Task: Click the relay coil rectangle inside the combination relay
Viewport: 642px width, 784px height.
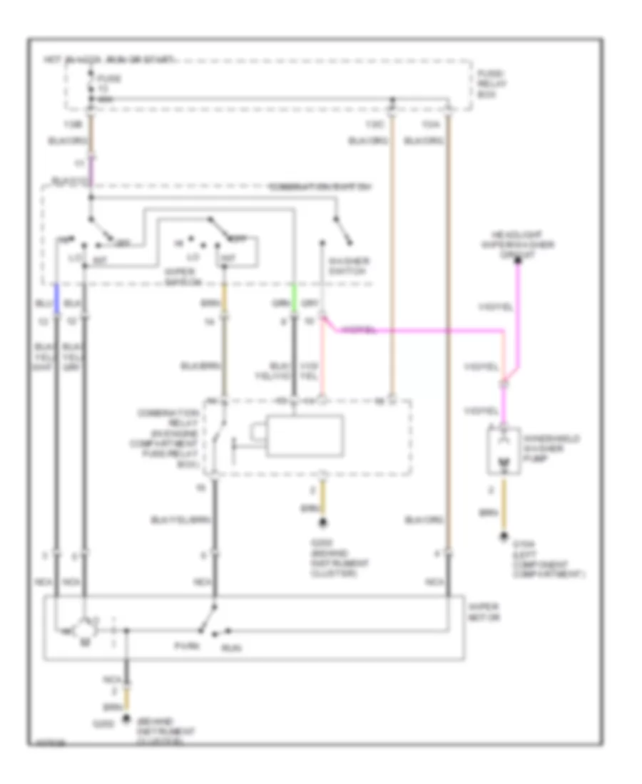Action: click(305, 435)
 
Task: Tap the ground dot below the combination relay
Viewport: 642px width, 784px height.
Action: click(323, 524)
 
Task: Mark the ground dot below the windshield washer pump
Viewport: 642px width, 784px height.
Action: click(504, 536)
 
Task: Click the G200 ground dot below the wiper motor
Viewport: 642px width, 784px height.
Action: click(126, 718)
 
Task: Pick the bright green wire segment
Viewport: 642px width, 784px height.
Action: click(293, 294)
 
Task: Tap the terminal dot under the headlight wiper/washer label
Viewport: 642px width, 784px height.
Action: click(519, 261)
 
